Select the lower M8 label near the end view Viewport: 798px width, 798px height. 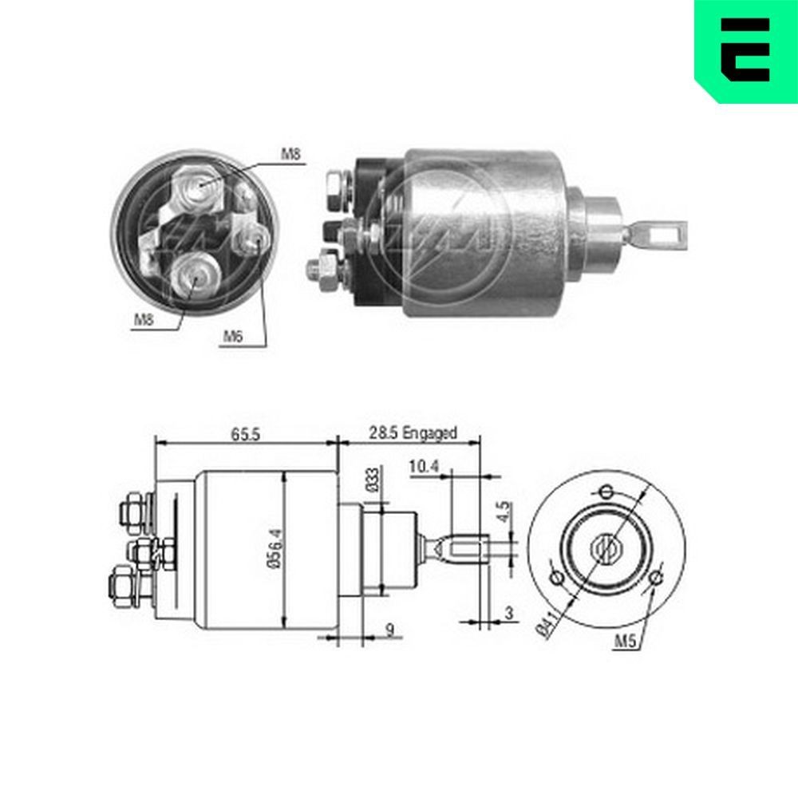coord(144,320)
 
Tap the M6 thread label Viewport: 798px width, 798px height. coord(232,337)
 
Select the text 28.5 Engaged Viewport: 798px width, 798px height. coord(413,433)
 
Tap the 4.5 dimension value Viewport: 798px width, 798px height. coord(503,511)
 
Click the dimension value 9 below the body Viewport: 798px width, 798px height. coord(389,630)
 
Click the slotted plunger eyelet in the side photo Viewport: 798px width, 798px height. coord(659,235)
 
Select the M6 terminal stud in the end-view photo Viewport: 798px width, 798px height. coord(256,235)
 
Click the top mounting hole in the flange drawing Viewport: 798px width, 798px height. coord(606,490)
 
